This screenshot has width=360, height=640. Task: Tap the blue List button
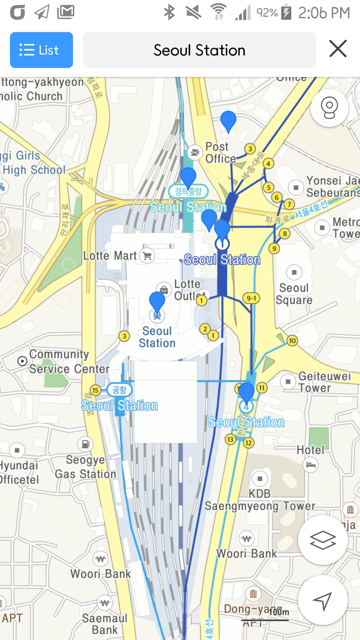coord(41,50)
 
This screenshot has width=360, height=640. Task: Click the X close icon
coord(338,49)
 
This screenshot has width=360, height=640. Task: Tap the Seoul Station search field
coord(199,50)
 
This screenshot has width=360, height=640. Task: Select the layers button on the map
coord(322,540)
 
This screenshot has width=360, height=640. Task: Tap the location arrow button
coord(322,600)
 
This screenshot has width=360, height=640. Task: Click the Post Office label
coord(220,153)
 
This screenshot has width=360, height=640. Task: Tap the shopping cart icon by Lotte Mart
coord(147,256)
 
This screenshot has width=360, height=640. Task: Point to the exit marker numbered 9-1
coord(251,298)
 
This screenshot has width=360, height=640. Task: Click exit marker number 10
coord(292,341)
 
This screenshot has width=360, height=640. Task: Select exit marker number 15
coord(95,390)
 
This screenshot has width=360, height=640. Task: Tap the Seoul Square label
coord(294,294)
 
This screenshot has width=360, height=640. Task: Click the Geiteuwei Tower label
coord(324,382)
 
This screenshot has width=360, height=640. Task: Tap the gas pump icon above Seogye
coord(85,444)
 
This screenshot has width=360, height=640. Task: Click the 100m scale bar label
coord(278,612)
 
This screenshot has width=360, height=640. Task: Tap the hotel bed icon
coord(311,465)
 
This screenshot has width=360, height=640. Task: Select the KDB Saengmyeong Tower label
coord(260,500)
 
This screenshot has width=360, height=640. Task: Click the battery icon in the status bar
coord(286,12)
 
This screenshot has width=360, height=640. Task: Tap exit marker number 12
coord(248,443)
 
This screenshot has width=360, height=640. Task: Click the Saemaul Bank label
coord(104,624)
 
